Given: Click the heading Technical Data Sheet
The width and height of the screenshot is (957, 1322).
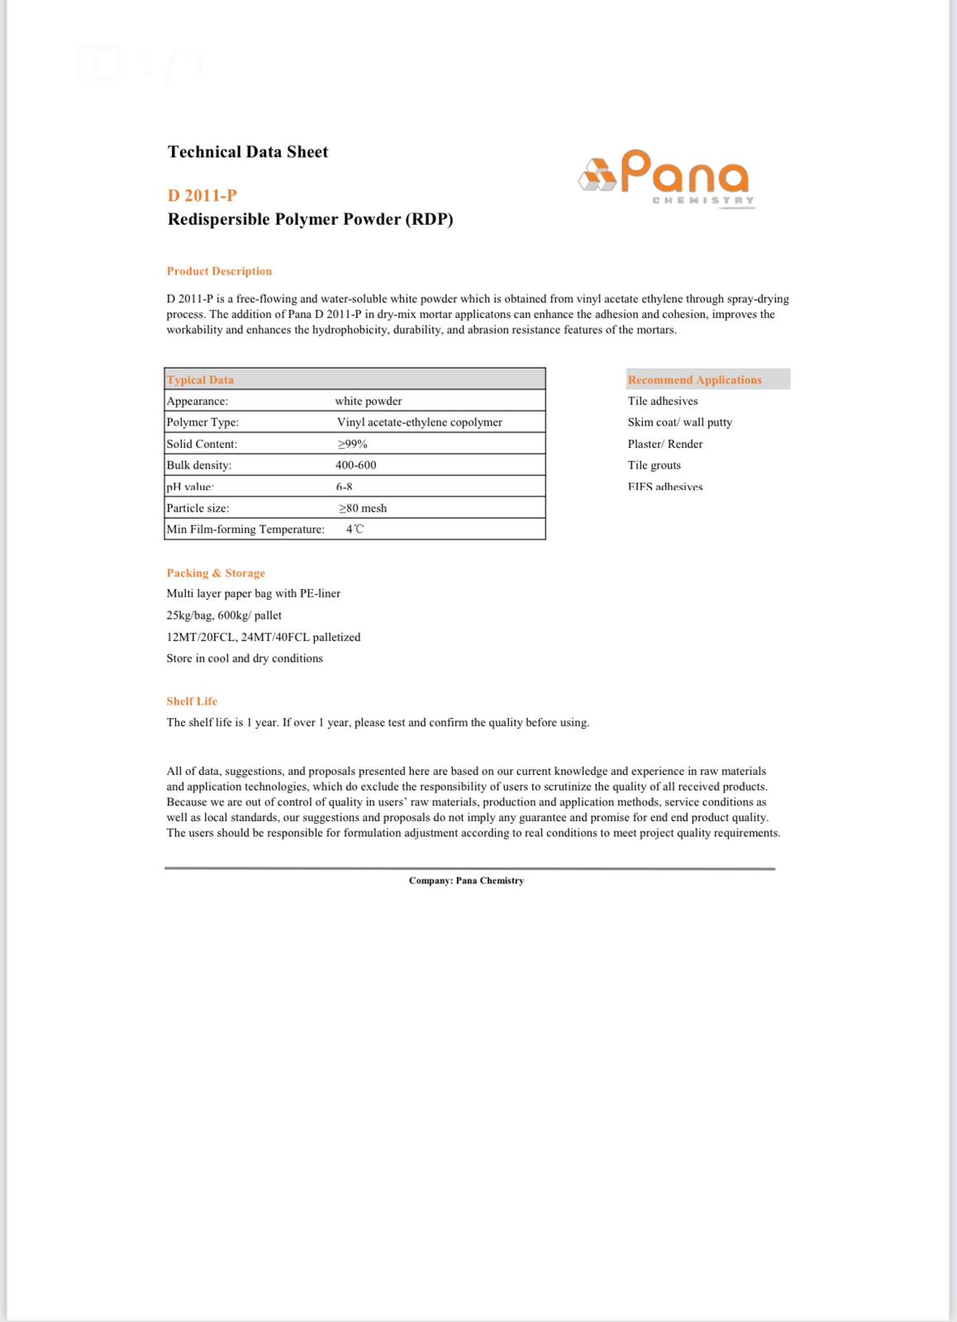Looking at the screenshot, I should click(x=248, y=152).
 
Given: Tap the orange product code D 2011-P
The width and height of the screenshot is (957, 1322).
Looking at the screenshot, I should click(x=202, y=196).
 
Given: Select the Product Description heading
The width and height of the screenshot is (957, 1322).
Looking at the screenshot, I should click(x=219, y=271).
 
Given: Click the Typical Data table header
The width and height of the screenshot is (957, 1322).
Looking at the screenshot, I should click(x=201, y=380).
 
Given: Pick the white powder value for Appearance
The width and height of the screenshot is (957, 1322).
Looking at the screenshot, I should click(x=369, y=402).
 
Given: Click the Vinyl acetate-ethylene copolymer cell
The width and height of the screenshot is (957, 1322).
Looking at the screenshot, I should click(x=420, y=422).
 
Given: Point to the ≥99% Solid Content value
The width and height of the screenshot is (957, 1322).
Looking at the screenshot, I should click(x=352, y=445).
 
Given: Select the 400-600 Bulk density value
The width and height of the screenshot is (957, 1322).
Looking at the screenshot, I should click(x=356, y=465).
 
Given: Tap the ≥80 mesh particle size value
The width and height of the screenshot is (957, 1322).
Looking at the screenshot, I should click(x=363, y=508).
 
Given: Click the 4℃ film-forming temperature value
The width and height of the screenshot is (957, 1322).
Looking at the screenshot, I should click(x=355, y=530).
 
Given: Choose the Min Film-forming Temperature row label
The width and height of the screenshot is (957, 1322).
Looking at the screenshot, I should click(x=245, y=530).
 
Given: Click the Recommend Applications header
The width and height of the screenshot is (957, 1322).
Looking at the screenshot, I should click(x=695, y=380).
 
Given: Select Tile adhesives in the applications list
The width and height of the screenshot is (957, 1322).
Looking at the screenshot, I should click(x=663, y=402).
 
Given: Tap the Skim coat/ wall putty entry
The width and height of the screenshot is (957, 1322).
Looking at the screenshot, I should click(x=680, y=422).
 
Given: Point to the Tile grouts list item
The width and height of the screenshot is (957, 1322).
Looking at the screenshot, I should click(x=655, y=465).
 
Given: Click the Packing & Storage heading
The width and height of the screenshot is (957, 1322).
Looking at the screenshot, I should click(x=216, y=573).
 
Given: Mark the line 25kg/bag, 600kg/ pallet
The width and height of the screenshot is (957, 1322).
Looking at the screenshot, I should click(x=224, y=616).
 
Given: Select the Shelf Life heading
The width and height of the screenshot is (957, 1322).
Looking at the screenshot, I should click(x=192, y=701).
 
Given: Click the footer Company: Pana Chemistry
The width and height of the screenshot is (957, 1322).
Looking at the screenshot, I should click(x=466, y=881).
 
